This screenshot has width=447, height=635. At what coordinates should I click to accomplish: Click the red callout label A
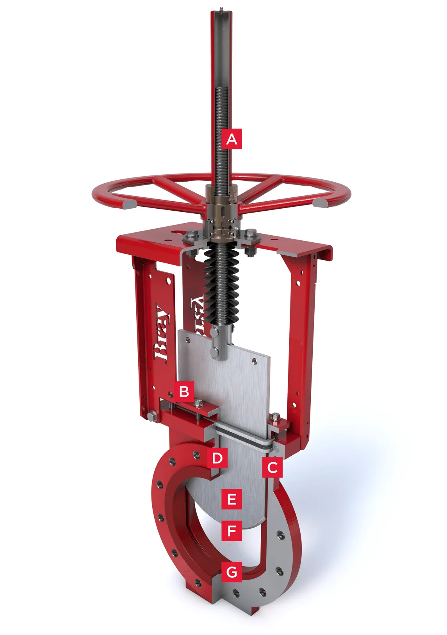click(x=232, y=139)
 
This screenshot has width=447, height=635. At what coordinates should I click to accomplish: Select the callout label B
click(x=184, y=391)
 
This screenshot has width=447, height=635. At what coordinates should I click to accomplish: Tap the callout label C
click(x=272, y=467)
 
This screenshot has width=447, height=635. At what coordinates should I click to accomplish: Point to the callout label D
click(x=217, y=458)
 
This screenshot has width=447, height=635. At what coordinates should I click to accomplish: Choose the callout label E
click(x=232, y=499)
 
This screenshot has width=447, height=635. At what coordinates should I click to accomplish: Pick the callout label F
click(x=232, y=531)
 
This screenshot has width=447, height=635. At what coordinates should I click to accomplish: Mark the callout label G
click(x=232, y=572)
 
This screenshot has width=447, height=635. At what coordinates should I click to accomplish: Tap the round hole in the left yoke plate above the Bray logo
click(x=169, y=280)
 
